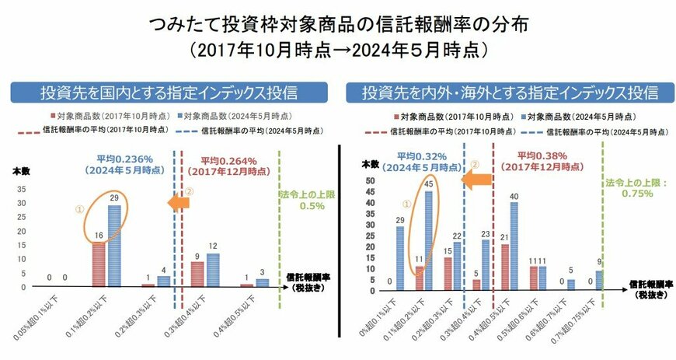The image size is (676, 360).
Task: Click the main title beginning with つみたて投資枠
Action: click(x=338, y=23)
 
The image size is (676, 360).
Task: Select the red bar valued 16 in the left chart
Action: click(x=99, y=264)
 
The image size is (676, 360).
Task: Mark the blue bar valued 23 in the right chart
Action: click(x=486, y=265)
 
